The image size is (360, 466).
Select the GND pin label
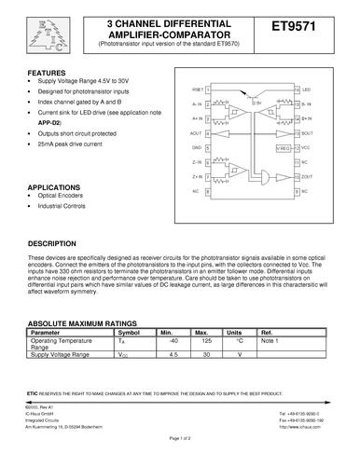click(x=197, y=147)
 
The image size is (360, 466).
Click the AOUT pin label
click(x=196, y=134)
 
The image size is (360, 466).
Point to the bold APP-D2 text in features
click(x=48, y=122)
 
